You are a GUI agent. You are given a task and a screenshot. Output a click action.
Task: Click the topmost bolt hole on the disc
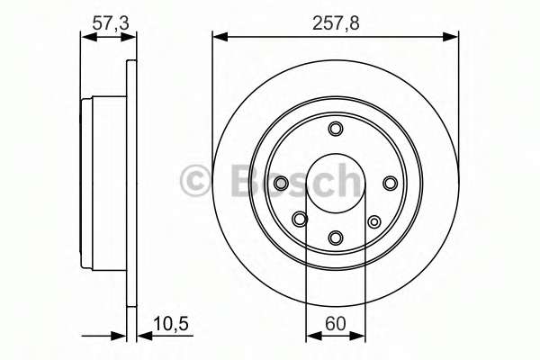336,129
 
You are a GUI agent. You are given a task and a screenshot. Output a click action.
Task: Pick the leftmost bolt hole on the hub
281,184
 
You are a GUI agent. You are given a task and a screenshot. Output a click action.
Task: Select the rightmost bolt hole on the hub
390,184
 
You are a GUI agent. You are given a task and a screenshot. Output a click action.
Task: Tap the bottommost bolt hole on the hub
336,238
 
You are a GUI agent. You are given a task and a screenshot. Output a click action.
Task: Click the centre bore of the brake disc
335,184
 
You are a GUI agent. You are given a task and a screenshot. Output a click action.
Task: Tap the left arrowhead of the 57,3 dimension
86,37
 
